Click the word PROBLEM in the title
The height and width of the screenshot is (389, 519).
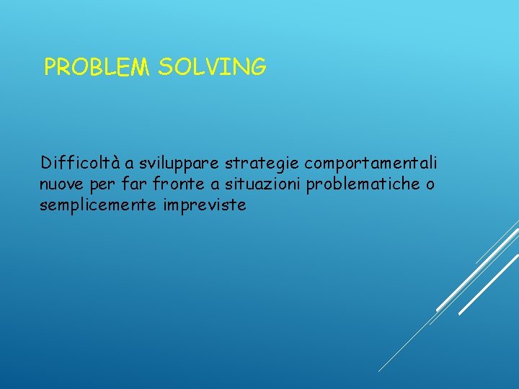tap(98, 68)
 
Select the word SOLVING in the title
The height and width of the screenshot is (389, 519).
tap(212, 68)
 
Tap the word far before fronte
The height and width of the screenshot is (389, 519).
tap(134, 184)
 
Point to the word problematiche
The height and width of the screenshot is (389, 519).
tap(363, 184)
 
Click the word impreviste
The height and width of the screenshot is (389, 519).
tap(205, 206)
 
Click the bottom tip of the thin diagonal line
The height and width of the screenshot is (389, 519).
tap(379, 371)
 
